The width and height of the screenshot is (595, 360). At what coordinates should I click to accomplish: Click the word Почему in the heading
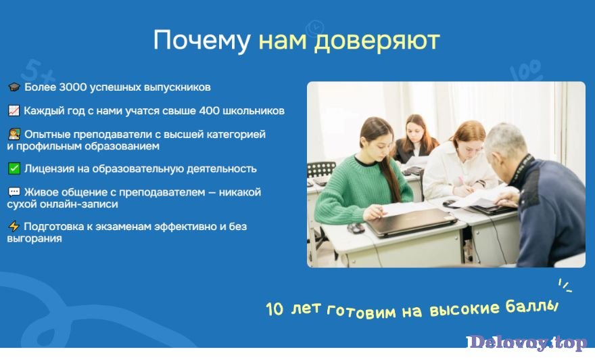(x=201, y=40)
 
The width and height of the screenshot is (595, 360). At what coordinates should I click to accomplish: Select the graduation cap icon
(x=14, y=87)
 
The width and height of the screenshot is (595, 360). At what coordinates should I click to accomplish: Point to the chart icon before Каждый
(x=14, y=110)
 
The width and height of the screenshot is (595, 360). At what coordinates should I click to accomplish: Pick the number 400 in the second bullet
(x=209, y=110)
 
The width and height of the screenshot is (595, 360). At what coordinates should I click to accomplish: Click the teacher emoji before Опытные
(x=14, y=134)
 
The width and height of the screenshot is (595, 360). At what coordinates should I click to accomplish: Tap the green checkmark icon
(x=14, y=168)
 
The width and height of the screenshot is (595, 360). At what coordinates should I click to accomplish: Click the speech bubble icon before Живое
(x=14, y=192)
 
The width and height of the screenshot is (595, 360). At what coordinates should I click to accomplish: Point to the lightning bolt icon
(x=14, y=226)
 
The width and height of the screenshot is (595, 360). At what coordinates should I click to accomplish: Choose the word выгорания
(x=34, y=238)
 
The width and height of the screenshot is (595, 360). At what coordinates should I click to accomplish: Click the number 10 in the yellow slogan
(x=275, y=309)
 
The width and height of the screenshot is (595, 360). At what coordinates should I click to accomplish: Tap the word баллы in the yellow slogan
(x=532, y=307)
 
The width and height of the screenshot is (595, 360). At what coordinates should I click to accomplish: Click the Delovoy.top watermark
(x=527, y=342)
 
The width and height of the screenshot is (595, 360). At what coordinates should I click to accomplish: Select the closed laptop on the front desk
(x=411, y=222)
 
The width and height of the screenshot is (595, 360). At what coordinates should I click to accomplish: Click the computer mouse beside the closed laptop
(x=356, y=228)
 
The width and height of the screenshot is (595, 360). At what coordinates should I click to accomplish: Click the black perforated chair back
(x=321, y=169)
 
